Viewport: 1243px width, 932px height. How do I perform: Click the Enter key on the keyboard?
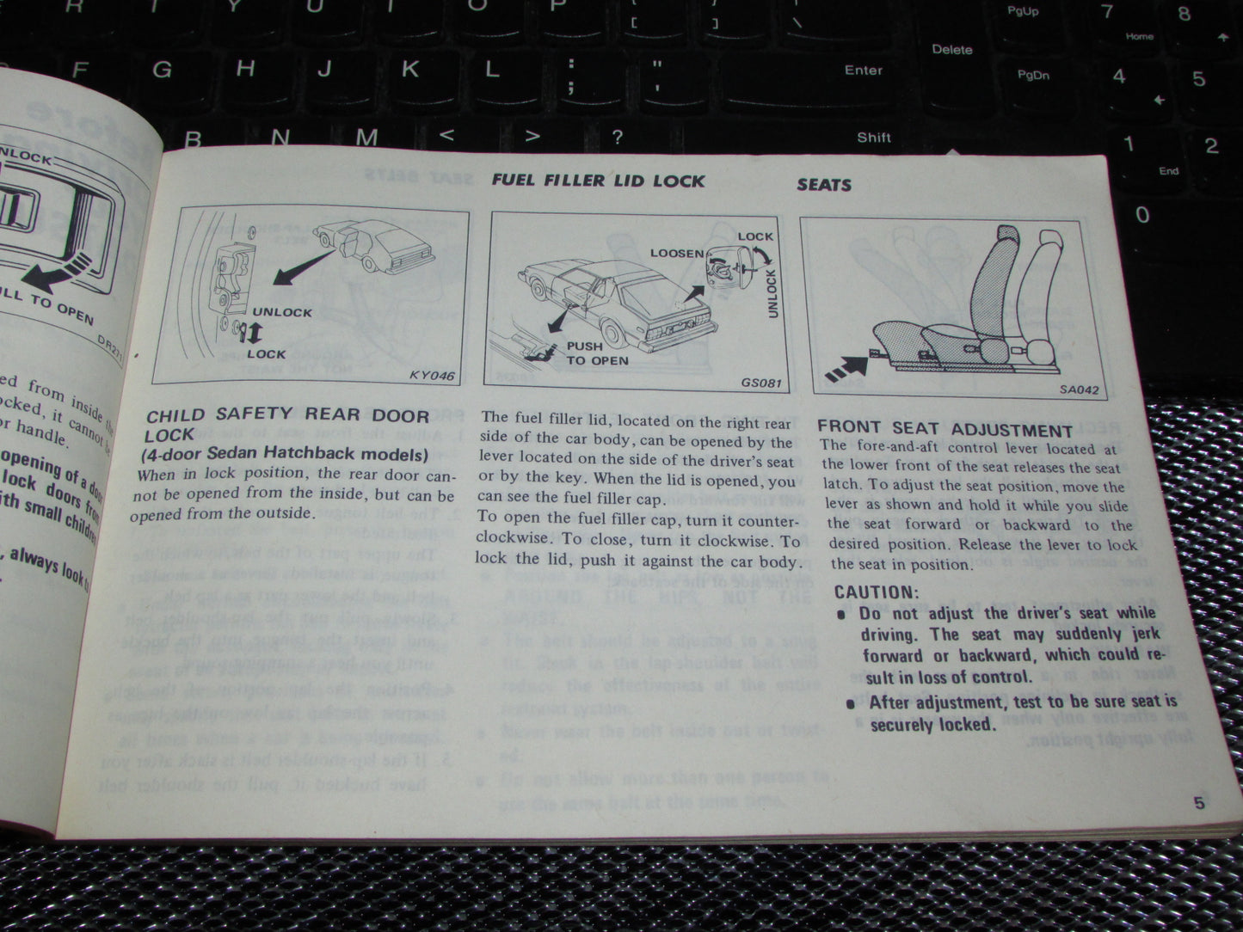point(864,71)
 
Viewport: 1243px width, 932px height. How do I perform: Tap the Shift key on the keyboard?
point(873,137)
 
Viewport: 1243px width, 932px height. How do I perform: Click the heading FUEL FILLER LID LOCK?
point(598,181)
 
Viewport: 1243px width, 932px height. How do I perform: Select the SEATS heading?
point(823,184)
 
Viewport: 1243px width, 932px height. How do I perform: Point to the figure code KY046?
point(432,376)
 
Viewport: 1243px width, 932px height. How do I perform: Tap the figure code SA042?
point(1079,389)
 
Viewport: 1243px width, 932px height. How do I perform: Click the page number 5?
point(1198,804)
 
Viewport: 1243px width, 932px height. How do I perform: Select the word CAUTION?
point(877,592)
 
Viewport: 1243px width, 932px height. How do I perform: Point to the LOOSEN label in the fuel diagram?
point(677,254)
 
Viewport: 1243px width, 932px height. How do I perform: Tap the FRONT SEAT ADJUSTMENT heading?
point(945,429)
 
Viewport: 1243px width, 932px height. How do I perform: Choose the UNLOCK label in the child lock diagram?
point(282,312)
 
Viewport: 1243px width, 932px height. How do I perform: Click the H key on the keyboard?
point(246,68)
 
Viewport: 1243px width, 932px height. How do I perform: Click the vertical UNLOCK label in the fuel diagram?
point(772,292)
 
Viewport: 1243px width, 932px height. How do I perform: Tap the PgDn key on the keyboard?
point(1033,75)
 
